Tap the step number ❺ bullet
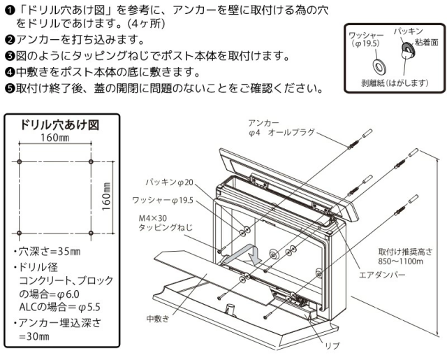click(x=8, y=89)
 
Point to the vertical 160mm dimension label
click(x=107, y=198)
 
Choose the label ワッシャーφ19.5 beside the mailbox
click(x=163, y=201)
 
